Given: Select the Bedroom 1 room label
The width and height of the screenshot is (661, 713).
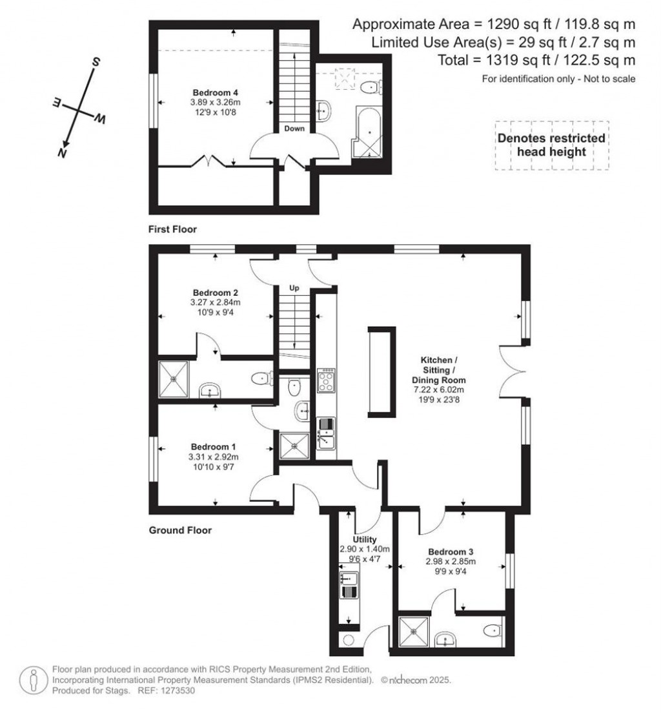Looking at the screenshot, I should coord(213,446).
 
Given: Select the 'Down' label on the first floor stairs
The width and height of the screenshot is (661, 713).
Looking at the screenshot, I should coord(294,129).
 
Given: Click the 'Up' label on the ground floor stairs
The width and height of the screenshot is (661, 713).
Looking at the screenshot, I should coord(294,288).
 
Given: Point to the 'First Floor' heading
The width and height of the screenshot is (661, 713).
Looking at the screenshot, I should coord(172,229).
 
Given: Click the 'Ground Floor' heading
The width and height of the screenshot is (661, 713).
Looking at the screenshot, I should coord(180,530).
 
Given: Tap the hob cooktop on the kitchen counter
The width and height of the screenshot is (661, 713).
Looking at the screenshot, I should coord(325,380).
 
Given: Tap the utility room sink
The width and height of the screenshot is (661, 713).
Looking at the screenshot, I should coord(349,583).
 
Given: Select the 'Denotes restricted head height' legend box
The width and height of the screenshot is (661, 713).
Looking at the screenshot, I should coord(551,145).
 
